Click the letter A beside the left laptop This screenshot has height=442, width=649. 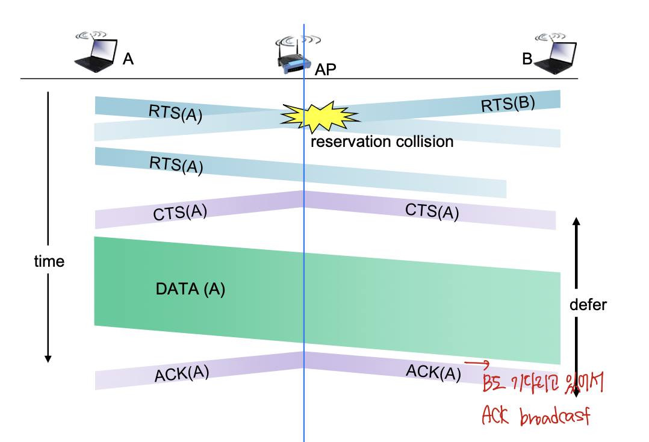(128, 59)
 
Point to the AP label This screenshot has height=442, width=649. (325, 69)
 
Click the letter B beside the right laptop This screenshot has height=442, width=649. (527, 59)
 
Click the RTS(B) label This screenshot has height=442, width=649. (508, 104)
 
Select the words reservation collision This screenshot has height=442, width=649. (382, 142)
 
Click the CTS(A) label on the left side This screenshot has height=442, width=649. (180, 213)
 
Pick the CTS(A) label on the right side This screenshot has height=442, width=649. (432, 211)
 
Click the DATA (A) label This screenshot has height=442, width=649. (190, 289)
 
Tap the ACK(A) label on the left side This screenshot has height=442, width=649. (182, 374)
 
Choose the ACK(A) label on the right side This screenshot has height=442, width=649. (433, 372)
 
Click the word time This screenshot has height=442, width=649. (49, 261)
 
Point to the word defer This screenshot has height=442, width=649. (588, 305)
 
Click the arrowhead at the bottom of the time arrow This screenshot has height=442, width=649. (48, 359)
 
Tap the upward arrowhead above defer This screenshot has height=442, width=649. (576, 222)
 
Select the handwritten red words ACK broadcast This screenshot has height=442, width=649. (536, 416)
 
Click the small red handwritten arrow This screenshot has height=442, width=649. (477, 363)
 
